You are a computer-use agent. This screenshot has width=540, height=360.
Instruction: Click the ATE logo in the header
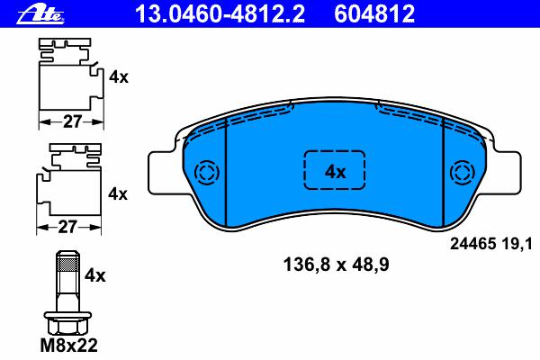tap(40, 14)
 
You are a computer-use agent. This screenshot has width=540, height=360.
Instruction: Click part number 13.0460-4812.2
tap(220, 14)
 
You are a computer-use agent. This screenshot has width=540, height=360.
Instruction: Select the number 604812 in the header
tap(374, 14)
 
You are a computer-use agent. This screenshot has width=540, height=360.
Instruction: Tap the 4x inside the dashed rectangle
tap(335, 172)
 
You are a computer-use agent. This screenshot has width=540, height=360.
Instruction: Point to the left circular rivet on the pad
tap(207, 172)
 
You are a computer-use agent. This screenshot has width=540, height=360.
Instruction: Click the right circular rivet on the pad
tap(463, 172)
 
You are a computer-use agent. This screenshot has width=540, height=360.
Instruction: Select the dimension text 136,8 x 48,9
tap(336, 265)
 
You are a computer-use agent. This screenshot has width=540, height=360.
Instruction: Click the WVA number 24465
tap(472, 244)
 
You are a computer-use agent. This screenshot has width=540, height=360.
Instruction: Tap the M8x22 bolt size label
tap(69, 346)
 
